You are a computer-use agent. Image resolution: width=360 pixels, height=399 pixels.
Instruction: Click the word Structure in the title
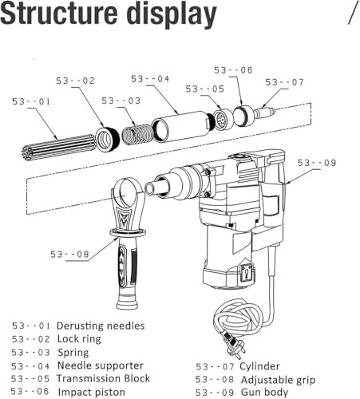pos(60,13)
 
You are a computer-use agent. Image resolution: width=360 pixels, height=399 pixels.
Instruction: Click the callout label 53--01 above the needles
pos(31,101)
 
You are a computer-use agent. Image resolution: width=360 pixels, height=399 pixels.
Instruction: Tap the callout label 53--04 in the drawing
pos(150,79)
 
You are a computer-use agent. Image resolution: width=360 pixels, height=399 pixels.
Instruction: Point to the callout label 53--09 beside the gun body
pos(317,163)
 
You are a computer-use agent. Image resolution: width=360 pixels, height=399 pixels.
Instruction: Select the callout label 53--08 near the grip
pos(69,254)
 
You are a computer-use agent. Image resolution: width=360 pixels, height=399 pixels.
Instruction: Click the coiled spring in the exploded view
pos(137,135)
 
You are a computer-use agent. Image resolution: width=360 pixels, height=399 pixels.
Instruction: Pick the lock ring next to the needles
pos(107,140)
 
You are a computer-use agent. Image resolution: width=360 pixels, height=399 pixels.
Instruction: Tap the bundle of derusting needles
pos(58,147)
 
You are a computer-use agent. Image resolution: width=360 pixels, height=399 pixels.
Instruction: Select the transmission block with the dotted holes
pos(223,120)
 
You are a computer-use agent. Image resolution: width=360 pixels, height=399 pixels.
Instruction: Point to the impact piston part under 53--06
pos(243,116)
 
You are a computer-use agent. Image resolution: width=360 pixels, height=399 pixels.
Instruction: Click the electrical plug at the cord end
pos(235,347)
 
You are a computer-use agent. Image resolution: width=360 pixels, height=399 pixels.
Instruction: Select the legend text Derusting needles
pos(101,326)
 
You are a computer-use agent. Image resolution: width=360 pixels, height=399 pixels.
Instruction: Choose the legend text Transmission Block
pos(103,378)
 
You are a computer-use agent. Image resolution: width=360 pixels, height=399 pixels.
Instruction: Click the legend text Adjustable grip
pos(278,380)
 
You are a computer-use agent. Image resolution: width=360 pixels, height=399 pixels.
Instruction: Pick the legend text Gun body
pos(264,392)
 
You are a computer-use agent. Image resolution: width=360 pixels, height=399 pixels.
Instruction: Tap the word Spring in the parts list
pos(73,353)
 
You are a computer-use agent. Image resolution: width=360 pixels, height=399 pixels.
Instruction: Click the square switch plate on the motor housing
pos(247,273)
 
